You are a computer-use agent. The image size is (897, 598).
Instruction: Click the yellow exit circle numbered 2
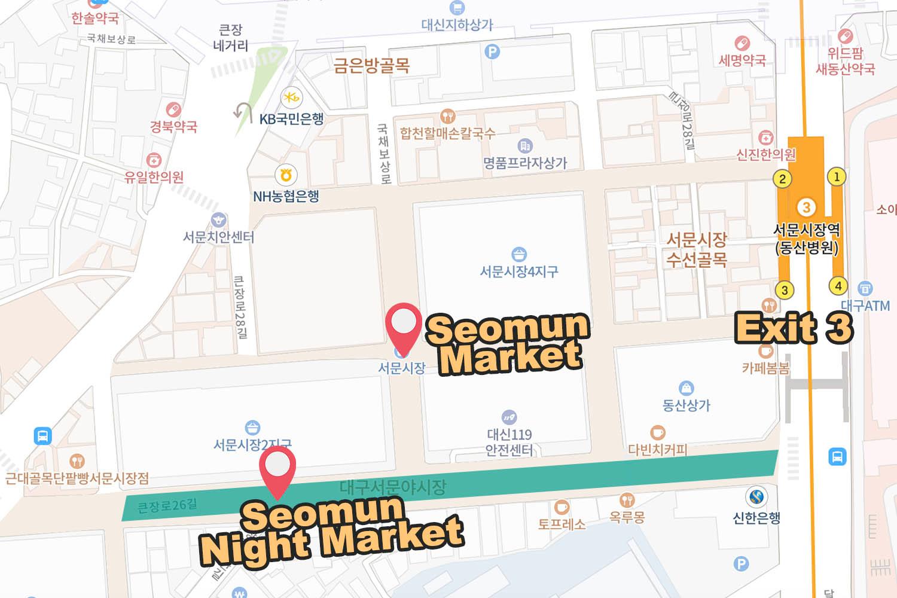[782, 178]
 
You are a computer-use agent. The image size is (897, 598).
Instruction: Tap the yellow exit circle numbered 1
[837, 176]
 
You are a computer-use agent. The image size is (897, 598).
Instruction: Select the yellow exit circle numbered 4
[838, 286]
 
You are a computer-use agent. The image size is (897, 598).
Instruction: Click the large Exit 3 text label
[794, 328]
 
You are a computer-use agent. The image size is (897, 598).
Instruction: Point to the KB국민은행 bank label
[291, 118]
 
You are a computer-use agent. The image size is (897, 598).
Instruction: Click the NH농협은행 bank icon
[286, 175]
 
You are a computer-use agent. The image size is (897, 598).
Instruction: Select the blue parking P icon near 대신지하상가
[492, 51]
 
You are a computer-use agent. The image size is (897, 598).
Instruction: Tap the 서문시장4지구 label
[518, 271]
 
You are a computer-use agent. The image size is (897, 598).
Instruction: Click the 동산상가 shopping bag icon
[686, 388]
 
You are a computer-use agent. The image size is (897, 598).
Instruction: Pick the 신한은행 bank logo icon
[756, 496]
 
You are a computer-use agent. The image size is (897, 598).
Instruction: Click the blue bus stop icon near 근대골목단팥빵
[43, 435]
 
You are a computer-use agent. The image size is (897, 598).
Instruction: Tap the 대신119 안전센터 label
[509, 442]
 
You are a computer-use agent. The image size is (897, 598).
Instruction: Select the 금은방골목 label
[371, 65]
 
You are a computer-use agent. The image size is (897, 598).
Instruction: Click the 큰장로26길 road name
[167, 505]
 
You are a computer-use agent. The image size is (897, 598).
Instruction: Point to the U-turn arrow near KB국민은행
[243, 111]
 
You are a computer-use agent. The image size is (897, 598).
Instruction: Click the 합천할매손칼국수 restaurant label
[448, 133]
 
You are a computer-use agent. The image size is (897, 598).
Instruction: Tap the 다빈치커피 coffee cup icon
[657, 432]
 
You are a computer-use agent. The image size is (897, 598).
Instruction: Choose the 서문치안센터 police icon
[219, 220]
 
